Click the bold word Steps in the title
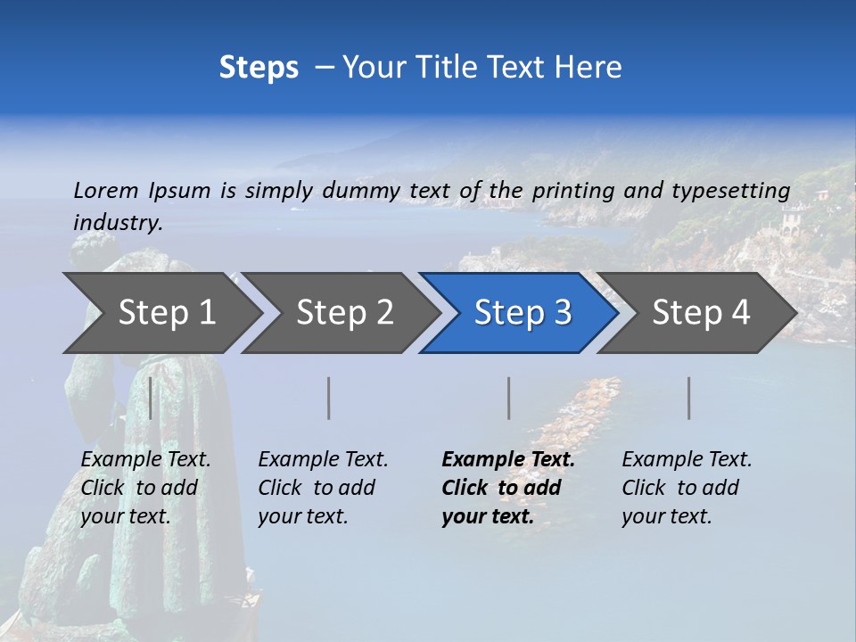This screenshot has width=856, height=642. coord(259,68)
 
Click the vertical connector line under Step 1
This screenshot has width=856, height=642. coord(151,398)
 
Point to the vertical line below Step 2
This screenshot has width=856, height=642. coord(329,398)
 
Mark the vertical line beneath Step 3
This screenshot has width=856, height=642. coord(509,398)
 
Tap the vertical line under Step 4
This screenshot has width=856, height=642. coord(689,398)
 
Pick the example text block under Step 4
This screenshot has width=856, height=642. coord(687,488)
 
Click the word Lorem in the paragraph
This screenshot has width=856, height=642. coord(106,190)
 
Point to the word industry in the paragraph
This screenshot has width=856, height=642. coord(118,222)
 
